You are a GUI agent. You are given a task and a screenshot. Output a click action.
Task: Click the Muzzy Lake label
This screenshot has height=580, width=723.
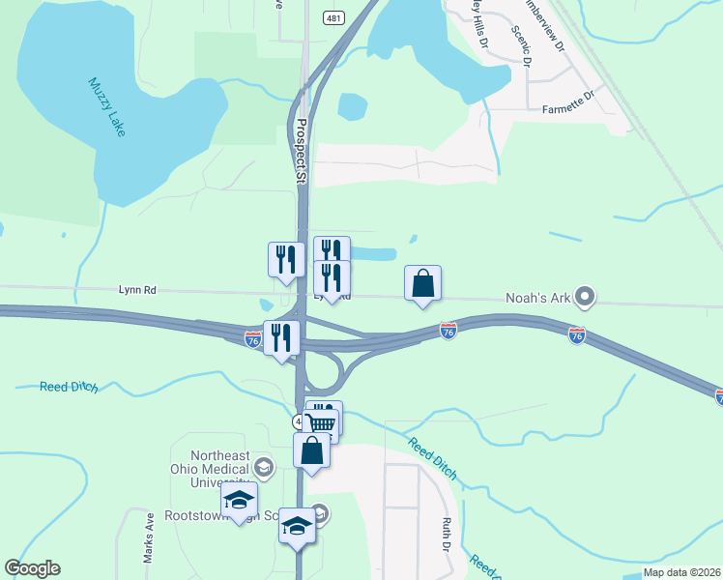(107, 107)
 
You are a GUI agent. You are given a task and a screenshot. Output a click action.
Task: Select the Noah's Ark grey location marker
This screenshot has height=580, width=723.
(584, 296)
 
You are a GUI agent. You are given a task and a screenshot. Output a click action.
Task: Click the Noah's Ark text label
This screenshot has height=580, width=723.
(537, 298)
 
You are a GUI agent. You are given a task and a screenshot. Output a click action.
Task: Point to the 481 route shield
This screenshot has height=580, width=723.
(333, 17)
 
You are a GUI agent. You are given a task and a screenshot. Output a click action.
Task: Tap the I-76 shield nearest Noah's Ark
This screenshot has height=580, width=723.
(577, 334)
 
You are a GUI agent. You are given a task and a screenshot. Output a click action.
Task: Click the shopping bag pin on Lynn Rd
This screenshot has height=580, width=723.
(422, 283)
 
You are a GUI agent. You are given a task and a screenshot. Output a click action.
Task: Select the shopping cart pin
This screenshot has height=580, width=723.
(322, 423)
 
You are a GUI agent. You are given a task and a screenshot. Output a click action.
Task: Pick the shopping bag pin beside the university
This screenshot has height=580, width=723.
(311, 450)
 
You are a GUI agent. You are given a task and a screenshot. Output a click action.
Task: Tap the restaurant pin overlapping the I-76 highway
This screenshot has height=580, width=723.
(282, 337)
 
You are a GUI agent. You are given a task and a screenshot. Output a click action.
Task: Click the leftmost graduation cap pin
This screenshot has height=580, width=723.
(239, 500)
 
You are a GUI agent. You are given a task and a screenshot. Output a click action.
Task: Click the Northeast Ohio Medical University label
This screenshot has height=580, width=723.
(208, 469)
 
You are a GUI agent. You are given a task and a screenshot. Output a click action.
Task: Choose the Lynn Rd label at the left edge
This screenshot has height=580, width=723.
(136, 288)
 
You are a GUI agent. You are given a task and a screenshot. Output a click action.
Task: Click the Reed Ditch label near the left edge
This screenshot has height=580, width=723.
(69, 387)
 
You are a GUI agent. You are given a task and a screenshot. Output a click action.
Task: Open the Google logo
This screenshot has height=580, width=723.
(33, 568)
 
